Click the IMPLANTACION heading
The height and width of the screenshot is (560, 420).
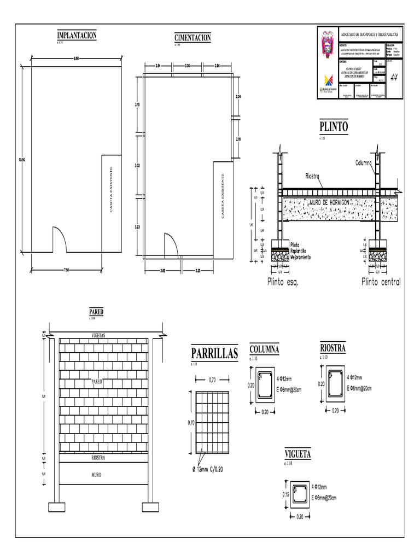[77, 36]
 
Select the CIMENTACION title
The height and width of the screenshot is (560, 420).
[192, 37]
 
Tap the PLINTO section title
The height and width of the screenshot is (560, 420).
[333, 127]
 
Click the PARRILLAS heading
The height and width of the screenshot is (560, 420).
[214, 354]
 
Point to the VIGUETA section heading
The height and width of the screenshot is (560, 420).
[298, 454]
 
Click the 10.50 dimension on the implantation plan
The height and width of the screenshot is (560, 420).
[22, 160]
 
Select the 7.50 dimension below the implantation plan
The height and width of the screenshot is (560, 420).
[66, 270]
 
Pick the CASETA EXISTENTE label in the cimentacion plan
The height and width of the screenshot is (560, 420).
[223, 196]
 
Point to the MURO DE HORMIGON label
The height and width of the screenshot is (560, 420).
[329, 202]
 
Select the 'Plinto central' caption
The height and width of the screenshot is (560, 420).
[381, 282]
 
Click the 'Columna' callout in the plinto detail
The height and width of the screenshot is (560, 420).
[364, 162]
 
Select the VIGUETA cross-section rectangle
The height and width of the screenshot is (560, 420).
[299, 494]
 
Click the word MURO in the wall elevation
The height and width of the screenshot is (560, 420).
[96, 475]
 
